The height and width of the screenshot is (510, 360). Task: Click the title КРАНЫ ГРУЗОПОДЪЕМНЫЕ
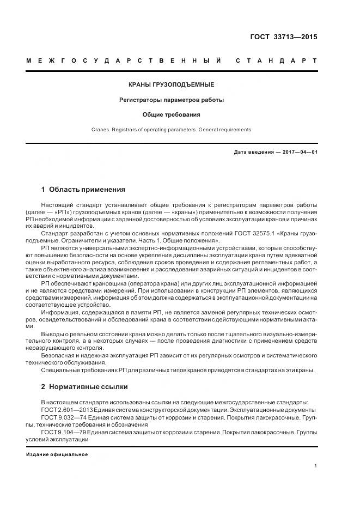pyautogui.click(x=171, y=84)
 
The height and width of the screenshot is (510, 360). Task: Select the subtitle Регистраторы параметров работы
pyautogui.click(x=171, y=100)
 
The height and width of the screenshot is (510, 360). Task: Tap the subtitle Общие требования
pyautogui.click(x=171, y=115)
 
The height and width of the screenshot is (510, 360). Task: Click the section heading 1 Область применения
pyautogui.click(x=83, y=190)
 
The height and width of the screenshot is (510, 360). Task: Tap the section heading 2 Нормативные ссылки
pyautogui.click(x=84, y=387)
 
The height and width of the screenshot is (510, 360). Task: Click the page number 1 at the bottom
pyautogui.click(x=315, y=466)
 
